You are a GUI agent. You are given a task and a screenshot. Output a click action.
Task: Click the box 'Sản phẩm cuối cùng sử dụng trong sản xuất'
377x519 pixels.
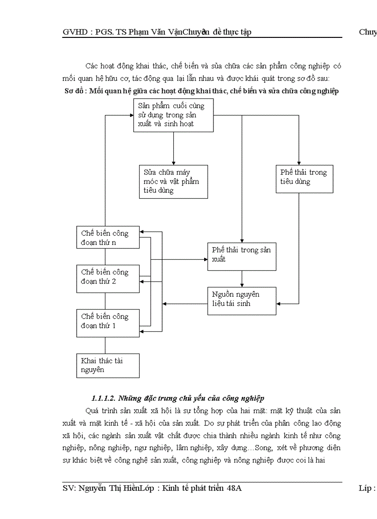pyautogui.click(x=173, y=115)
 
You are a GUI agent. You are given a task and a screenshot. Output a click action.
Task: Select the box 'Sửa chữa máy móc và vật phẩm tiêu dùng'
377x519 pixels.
pyautogui.click(x=173, y=182)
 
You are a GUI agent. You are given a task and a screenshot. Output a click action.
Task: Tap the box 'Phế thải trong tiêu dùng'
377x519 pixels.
pyautogui.click(x=304, y=179)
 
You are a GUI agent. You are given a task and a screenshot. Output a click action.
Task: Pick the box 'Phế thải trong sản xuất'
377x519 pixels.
pyautogui.click(x=242, y=256)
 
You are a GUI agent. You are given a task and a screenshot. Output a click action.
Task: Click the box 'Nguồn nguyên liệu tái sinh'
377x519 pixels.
pyautogui.click(x=242, y=301)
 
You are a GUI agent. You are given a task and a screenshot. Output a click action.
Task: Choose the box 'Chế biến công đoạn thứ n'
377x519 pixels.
pyautogui.click(x=108, y=238)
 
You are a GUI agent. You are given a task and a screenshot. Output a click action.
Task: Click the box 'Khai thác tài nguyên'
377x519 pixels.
pyautogui.click(x=108, y=366)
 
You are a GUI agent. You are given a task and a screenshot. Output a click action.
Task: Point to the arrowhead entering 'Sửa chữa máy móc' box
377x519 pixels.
pyautogui.click(x=173, y=163)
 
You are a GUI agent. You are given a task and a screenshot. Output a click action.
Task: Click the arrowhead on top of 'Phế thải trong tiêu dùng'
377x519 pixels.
pyautogui.click(x=299, y=163)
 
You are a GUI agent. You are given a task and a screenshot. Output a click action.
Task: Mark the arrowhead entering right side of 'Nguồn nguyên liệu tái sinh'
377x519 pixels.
pyautogui.click(x=279, y=304)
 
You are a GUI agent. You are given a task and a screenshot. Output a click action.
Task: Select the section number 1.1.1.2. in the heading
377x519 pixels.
pyautogui.click(x=104, y=398)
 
